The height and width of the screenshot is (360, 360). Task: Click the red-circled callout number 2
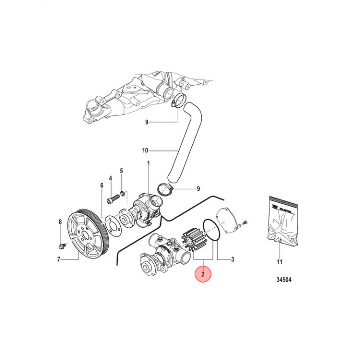[x=204, y=274]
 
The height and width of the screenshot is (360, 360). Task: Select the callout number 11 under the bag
[x=280, y=262]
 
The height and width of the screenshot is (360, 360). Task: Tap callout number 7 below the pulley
[x=59, y=259]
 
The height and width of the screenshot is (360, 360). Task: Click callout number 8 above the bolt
[x=60, y=222]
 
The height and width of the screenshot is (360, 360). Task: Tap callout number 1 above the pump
[x=148, y=163]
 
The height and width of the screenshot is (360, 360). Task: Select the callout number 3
[x=232, y=259]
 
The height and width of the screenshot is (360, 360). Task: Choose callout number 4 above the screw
[x=110, y=178]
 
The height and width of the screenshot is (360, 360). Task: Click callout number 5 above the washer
[x=121, y=171]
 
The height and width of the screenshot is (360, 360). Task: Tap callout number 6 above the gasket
[x=101, y=185]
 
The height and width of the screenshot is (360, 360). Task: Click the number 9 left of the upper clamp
[x=147, y=122]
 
